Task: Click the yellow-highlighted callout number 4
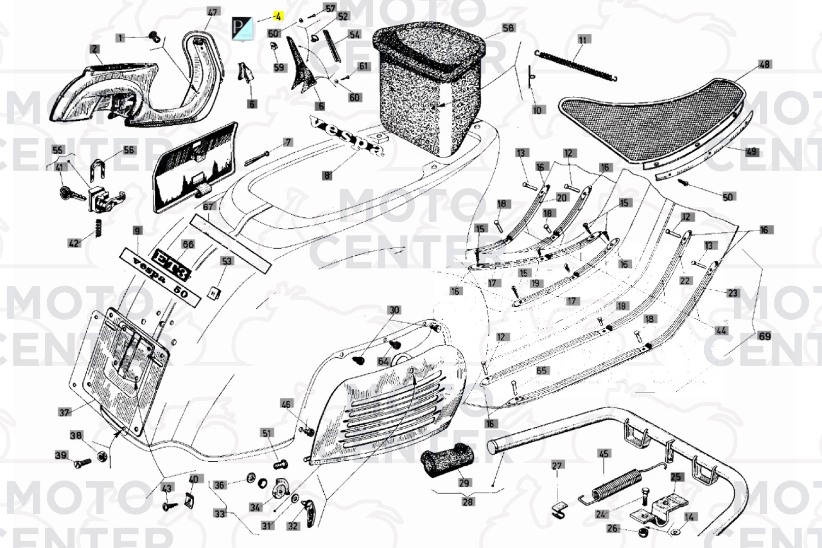(278, 16)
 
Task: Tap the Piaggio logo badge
(242, 28)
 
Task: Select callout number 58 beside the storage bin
(508, 28)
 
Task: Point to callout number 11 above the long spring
(583, 40)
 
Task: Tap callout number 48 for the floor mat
(764, 64)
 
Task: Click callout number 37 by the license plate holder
(64, 412)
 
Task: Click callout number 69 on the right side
(764, 336)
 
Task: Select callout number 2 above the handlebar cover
(95, 49)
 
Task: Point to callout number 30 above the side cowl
(394, 310)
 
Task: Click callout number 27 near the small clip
(557, 466)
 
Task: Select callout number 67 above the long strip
(208, 207)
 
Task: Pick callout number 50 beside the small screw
(728, 197)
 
